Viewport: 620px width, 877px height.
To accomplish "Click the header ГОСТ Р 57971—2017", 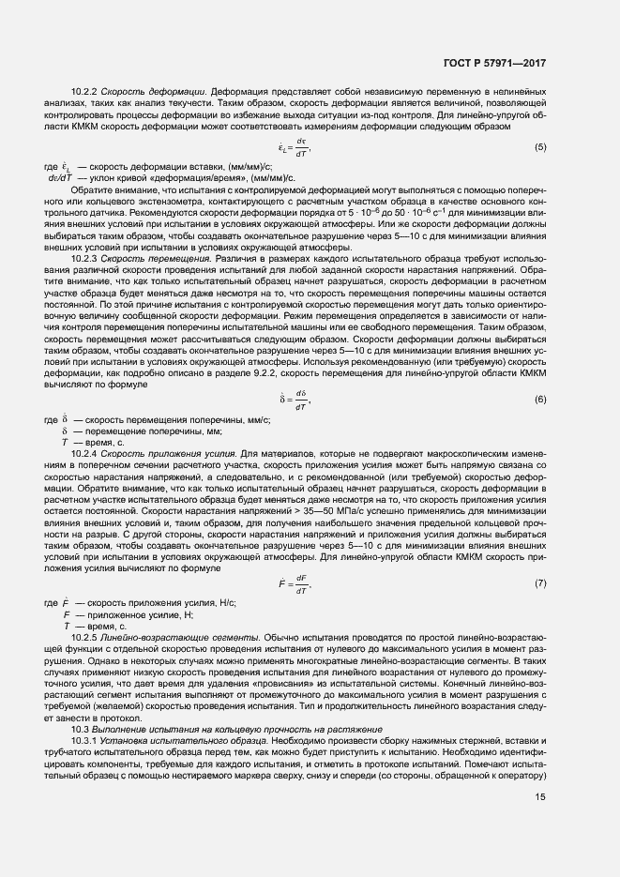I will click(x=494, y=64).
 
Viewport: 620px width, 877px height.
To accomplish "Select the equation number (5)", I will click(x=540, y=147).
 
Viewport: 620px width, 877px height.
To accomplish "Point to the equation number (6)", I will click(x=540, y=400).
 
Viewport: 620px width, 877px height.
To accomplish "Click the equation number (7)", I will click(x=540, y=584).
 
